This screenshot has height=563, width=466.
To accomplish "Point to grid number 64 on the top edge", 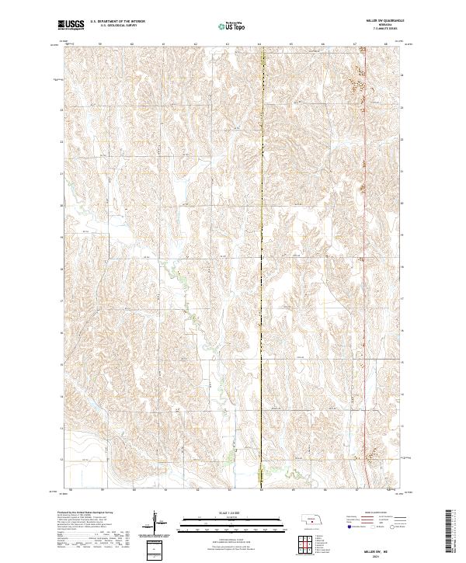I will click(259, 45).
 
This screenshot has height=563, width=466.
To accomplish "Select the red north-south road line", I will click(365, 311).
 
